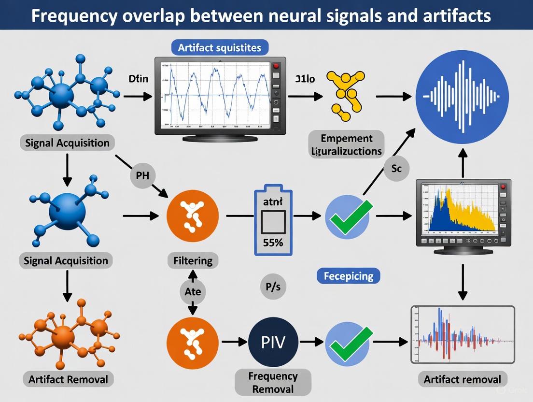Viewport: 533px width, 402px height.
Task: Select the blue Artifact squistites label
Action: point(220,48)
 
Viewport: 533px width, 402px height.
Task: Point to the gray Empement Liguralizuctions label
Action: point(346,144)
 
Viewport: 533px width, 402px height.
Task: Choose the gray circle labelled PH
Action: point(142,176)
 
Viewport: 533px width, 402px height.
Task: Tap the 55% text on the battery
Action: point(273,243)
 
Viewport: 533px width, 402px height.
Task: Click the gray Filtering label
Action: point(193,261)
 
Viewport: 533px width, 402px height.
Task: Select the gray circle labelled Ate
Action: point(193,292)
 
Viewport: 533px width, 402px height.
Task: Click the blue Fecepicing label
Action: point(348,276)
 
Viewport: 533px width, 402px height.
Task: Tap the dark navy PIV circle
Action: point(273,342)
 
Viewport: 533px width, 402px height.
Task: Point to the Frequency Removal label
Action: point(273,383)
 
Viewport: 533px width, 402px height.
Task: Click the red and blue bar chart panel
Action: point(462,334)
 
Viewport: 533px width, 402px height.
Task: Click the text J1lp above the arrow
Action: point(304,80)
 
